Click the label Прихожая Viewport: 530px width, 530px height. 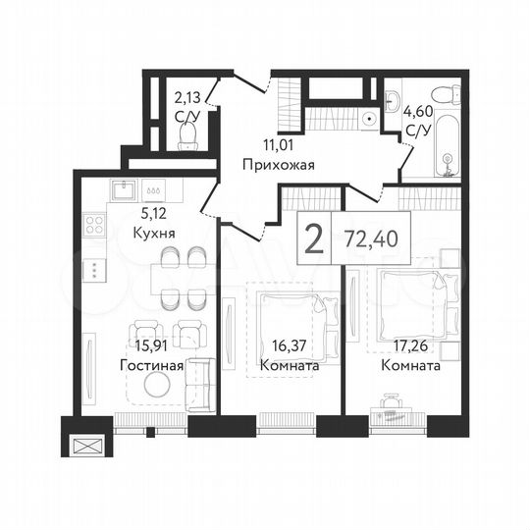281,165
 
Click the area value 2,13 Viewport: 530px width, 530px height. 186,96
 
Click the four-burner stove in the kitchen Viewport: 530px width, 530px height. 96,225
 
